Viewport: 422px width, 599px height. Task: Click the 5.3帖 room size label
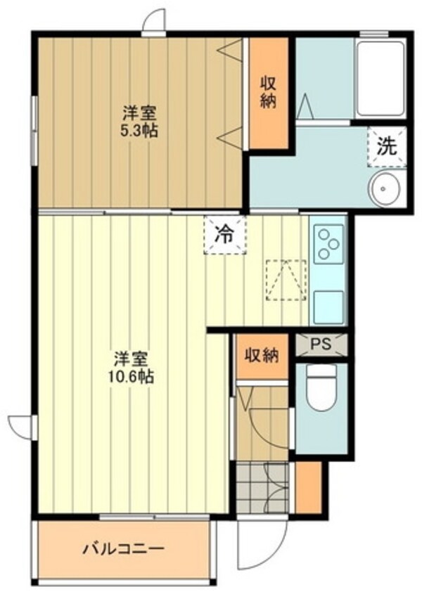click(138, 131)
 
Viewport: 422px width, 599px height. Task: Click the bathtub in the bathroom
click(381, 78)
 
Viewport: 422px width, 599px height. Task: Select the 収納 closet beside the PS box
click(262, 355)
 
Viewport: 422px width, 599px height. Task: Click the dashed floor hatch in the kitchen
click(286, 281)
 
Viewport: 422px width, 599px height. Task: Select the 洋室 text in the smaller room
click(138, 112)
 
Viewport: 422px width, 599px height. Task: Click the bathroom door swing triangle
click(306, 108)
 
